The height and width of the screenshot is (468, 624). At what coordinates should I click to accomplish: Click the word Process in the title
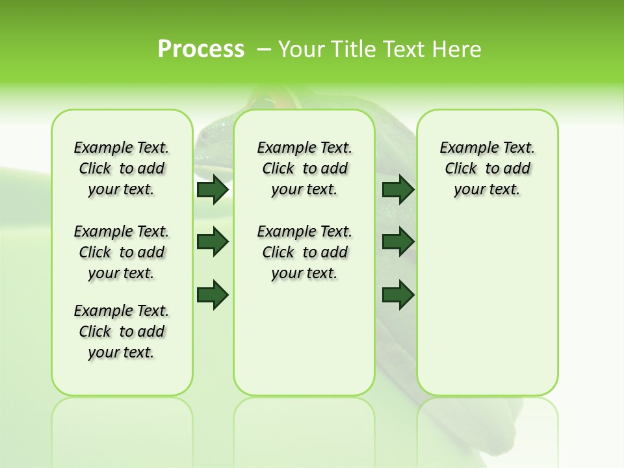(x=201, y=49)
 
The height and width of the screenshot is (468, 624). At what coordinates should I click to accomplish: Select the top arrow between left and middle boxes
(x=212, y=189)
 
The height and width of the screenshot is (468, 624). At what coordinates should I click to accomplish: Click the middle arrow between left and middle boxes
(x=212, y=242)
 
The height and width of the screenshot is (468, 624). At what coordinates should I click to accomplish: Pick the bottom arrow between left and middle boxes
(x=212, y=294)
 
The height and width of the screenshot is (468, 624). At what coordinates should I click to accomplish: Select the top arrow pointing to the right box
(x=398, y=189)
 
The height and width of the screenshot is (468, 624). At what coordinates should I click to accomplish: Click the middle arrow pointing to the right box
(x=398, y=242)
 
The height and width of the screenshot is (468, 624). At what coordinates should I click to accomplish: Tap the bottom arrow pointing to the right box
(x=398, y=294)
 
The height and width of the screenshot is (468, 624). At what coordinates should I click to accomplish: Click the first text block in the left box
(x=122, y=168)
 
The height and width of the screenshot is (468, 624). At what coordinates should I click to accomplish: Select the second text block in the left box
(x=122, y=252)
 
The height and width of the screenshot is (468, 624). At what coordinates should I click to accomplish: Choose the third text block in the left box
(x=122, y=331)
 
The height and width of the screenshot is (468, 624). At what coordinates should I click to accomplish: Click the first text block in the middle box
(x=304, y=168)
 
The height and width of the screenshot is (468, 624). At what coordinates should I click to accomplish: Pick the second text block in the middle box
(x=304, y=252)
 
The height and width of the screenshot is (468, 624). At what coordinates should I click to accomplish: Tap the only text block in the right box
(x=487, y=168)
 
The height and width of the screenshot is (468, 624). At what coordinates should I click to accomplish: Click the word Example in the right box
(x=463, y=148)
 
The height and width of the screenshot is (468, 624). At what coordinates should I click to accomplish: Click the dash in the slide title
(x=264, y=49)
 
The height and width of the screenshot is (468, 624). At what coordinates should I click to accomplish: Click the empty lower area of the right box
(x=487, y=312)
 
